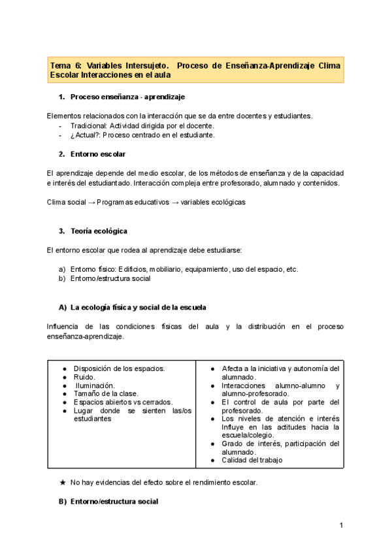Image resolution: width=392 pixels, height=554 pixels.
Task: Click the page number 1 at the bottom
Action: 341,525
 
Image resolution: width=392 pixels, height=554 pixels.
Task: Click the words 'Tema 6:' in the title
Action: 65,66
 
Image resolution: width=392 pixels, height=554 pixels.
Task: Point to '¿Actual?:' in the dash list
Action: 86,135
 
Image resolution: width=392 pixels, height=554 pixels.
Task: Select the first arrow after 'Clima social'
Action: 91,203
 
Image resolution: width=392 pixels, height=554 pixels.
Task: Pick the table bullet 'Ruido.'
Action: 84,377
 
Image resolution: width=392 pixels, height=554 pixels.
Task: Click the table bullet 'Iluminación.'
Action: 95,385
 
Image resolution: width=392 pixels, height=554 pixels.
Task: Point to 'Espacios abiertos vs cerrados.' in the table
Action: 123,402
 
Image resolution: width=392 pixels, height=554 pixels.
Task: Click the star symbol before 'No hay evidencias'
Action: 63,483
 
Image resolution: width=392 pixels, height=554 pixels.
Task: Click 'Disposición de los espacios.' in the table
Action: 119,368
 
